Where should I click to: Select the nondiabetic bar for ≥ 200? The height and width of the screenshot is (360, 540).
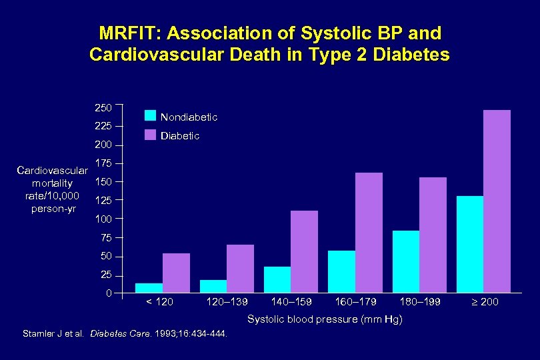point(470,244)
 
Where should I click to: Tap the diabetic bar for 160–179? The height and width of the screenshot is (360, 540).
point(369,233)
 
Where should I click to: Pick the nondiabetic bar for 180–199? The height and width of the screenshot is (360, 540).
point(405,261)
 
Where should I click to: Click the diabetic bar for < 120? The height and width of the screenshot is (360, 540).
point(176,273)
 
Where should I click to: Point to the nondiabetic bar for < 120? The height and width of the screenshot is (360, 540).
point(149,288)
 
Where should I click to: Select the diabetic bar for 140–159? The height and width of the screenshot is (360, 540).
point(304,251)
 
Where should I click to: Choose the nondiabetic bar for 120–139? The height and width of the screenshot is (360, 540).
point(213,286)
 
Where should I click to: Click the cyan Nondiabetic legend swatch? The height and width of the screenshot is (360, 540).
point(150,116)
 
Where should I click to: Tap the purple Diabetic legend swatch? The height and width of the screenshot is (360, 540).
point(150,135)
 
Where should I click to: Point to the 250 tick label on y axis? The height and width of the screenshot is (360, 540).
point(103,107)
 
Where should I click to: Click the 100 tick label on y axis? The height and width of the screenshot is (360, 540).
point(103,219)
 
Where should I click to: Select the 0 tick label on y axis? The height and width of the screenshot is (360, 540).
point(109,294)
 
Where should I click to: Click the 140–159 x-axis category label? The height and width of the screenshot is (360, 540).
point(290,302)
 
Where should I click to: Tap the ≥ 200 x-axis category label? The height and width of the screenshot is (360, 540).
point(485,302)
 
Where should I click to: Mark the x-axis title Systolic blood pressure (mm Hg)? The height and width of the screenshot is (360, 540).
point(325,320)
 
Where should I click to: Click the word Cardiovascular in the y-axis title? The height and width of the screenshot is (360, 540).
point(52,170)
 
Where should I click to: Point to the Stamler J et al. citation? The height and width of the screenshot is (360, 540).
point(54,334)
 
